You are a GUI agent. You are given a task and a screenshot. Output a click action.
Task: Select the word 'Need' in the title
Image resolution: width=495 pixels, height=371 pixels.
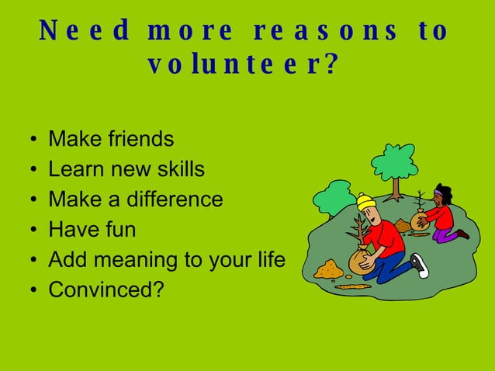[x=85, y=31]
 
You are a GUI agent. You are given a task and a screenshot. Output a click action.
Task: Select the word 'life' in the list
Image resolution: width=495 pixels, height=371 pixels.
[x=269, y=259]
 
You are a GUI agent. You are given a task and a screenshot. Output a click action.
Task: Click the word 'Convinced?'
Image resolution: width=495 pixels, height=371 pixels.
[x=106, y=290]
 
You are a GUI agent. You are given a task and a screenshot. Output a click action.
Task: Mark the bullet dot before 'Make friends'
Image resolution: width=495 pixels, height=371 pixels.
[x=30, y=141]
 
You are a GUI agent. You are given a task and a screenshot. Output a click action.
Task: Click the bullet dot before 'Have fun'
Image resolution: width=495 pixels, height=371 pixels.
[x=30, y=231]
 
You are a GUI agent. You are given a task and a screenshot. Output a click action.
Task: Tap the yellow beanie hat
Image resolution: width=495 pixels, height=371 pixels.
[x=365, y=202]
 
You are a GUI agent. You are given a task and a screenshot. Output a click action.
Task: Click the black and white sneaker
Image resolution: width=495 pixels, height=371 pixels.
[x=420, y=265]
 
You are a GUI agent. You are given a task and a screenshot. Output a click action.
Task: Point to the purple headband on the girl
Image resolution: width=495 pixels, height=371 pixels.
[x=441, y=192]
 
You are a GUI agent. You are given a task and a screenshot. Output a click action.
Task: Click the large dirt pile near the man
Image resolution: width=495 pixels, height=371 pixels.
[x=328, y=270]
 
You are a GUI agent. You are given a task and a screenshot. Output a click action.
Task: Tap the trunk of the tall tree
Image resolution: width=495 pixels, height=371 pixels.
[x=396, y=187]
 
